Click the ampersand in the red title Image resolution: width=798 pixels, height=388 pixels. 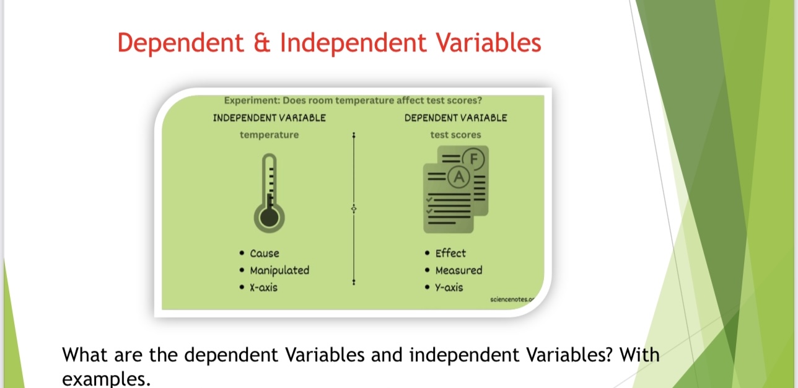click(262, 43)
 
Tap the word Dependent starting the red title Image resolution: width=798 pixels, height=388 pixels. click(181, 43)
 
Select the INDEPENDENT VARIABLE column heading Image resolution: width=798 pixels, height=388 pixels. click(270, 118)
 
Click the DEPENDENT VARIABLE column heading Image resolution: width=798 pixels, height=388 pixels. click(455, 118)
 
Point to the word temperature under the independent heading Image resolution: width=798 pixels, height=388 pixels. click(270, 135)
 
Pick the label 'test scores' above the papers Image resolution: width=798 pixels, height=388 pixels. click(455, 134)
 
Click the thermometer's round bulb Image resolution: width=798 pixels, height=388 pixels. click(269, 218)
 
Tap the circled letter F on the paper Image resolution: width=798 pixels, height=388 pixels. click(473, 159)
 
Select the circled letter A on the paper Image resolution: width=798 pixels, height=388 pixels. click(459, 177)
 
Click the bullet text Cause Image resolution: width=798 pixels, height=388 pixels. click(265, 254)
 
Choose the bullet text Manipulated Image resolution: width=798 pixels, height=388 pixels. click(279, 270)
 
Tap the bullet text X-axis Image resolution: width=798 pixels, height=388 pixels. click(264, 288)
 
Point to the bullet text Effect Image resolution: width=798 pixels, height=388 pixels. click(450, 253)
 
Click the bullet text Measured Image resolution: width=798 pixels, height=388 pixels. click(459, 270)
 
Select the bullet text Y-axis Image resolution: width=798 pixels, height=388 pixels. click(449, 288)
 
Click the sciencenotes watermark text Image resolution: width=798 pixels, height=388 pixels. click(512, 299)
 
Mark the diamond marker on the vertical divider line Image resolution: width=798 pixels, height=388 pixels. click(354, 208)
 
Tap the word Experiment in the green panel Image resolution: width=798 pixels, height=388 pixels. click(252, 100)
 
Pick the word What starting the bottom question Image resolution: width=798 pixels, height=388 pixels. click(85, 355)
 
